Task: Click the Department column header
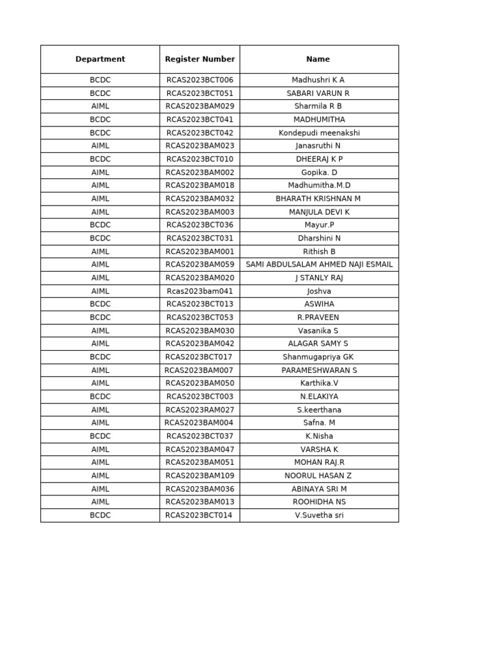(x=100, y=59)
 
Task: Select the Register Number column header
(x=200, y=59)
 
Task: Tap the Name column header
(x=318, y=59)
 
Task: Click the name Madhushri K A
(x=318, y=80)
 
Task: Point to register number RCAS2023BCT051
(x=200, y=93)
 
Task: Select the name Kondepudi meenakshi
(x=319, y=133)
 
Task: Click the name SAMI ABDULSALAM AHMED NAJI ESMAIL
(x=319, y=265)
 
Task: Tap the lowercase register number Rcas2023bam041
(x=200, y=291)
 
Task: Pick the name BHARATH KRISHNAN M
(x=318, y=198)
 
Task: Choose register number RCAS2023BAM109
(x=200, y=475)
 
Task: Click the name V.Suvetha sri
(x=319, y=516)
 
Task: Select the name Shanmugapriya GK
(x=318, y=357)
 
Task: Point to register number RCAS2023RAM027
(x=200, y=410)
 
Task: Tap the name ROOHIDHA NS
(x=319, y=502)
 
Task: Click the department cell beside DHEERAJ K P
(x=100, y=159)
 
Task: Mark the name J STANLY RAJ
(x=319, y=278)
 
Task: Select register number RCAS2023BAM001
(x=200, y=252)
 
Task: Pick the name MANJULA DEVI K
(x=319, y=212)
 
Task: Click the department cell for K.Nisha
(x=100, y=436)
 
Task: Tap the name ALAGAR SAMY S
(x=318, y=344)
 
